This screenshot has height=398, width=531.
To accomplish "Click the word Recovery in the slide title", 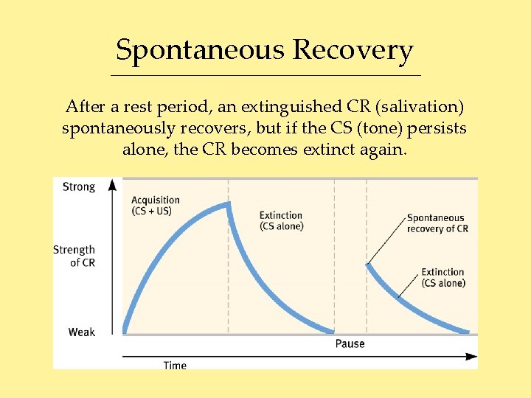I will pyautogui.click(x=353, y=51).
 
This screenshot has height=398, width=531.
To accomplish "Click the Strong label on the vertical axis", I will pyautogui.click(x=79, y=186).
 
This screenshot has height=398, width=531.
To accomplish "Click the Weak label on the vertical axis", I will pyautogui.click(x=82, y=332).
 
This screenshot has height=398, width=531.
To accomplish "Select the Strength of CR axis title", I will pyautogui.click(x=74, y=256).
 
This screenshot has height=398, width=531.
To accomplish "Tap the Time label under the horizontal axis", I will pyautogui.click(x=175, y=365).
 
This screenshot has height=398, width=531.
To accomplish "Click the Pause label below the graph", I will pyautogui.click(x=350, y=343).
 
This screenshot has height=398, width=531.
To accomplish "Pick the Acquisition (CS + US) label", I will pyautogui.click(x=155, y=206).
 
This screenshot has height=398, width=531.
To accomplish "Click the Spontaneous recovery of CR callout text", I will pyautogui.click(x=437, y=223).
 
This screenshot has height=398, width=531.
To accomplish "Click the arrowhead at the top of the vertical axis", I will pyautogui.click(x=112, y=183).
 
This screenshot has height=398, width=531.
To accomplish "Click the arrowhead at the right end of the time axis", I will pyautogui.click(x=471, y=357).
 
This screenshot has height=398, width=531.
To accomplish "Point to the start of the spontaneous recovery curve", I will pyautogui.click(x=367, y=265).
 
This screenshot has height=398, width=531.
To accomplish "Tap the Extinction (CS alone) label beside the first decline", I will pyautogui.click(x=281, y=221).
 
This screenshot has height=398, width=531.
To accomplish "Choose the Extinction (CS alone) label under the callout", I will pyautogui.click(x=443, y=278).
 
